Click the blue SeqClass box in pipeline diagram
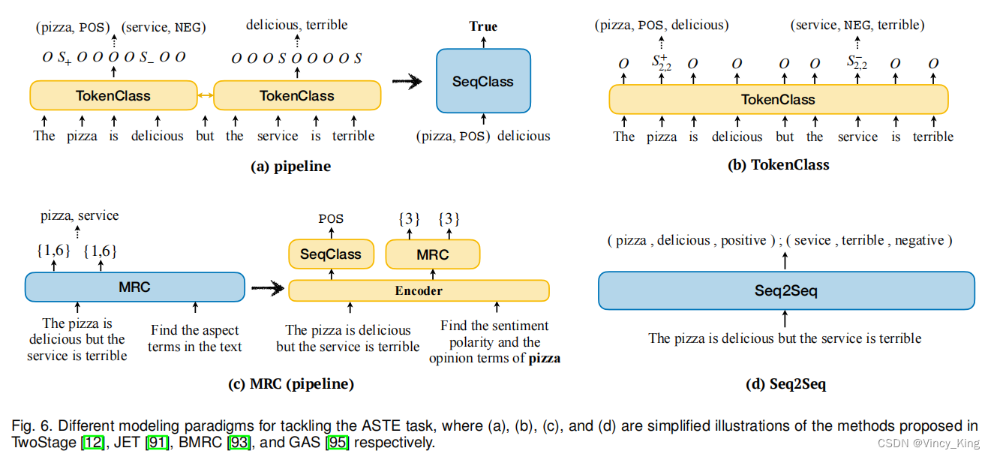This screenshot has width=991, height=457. pos(483,81)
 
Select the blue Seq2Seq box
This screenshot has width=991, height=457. pos(785,290)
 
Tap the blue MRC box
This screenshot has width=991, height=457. pos(134,287)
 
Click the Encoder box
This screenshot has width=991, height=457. pos(419,290)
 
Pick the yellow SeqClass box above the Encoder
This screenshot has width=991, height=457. pos(331,254)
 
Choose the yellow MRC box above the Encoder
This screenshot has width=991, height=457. pos(432,254)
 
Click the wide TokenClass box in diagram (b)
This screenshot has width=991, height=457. pos(778,99)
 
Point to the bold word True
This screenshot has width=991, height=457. pos(483,26)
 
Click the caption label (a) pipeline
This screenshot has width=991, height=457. pos(290,167)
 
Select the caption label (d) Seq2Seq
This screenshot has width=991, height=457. pos(786,384)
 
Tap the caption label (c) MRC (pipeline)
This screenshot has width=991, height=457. pos(290,384)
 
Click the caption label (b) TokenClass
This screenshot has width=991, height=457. pos(779,165)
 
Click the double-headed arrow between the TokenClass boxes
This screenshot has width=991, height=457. pos(204,95)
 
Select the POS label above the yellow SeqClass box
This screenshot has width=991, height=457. pos(331,219)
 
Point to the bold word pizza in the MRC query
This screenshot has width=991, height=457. pos(545,359)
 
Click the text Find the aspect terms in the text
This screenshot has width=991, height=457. pos(195,338)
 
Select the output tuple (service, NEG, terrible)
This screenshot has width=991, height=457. pos(857,26)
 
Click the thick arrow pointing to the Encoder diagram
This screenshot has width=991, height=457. pos(266,287)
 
